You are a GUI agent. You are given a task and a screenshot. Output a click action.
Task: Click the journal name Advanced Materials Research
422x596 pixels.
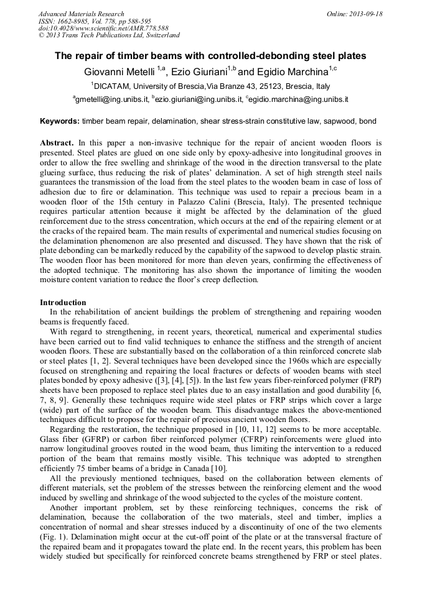[81, 14]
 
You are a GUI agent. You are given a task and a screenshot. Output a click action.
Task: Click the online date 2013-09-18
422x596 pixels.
[364, 14]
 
